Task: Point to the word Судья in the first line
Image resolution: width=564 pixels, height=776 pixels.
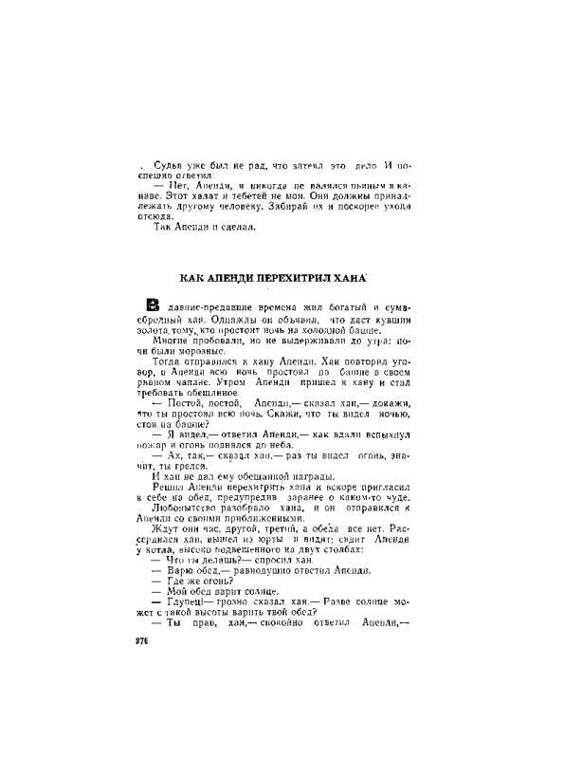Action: [171, 165]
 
